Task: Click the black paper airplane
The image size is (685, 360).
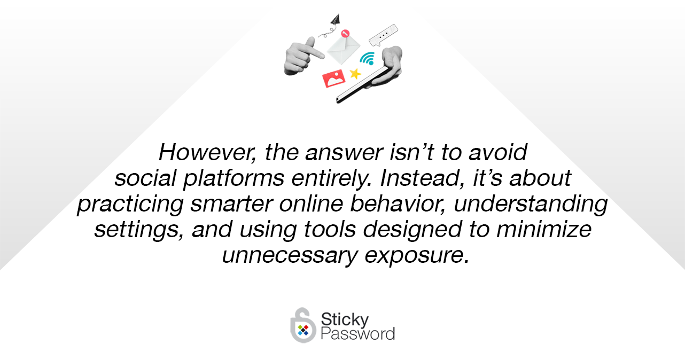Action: click(336, 19)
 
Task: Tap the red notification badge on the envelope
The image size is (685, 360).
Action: click(345, 33)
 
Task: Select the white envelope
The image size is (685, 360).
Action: click(343, 50)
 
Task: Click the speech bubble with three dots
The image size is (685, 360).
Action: click(384, 35)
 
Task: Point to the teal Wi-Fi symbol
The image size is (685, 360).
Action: click(367, 59)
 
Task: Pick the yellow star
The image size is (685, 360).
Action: click(355, 74)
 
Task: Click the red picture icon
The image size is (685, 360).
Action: click(333, 79)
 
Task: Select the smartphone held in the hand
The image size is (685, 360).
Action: click(362, 85)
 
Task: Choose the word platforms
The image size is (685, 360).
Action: click(233, 178)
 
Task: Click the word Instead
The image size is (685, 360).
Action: click(423, 178)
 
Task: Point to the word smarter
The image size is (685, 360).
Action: click(231, 204)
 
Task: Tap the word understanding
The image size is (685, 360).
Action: click(531, 204)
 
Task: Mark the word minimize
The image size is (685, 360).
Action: click(544, 230)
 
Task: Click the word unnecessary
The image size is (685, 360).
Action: click(290, 255)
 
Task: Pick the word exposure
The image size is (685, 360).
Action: click(417, 256)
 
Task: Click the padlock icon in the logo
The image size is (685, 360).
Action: click(303, 325)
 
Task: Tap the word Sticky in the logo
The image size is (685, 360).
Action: click(345, 319)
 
